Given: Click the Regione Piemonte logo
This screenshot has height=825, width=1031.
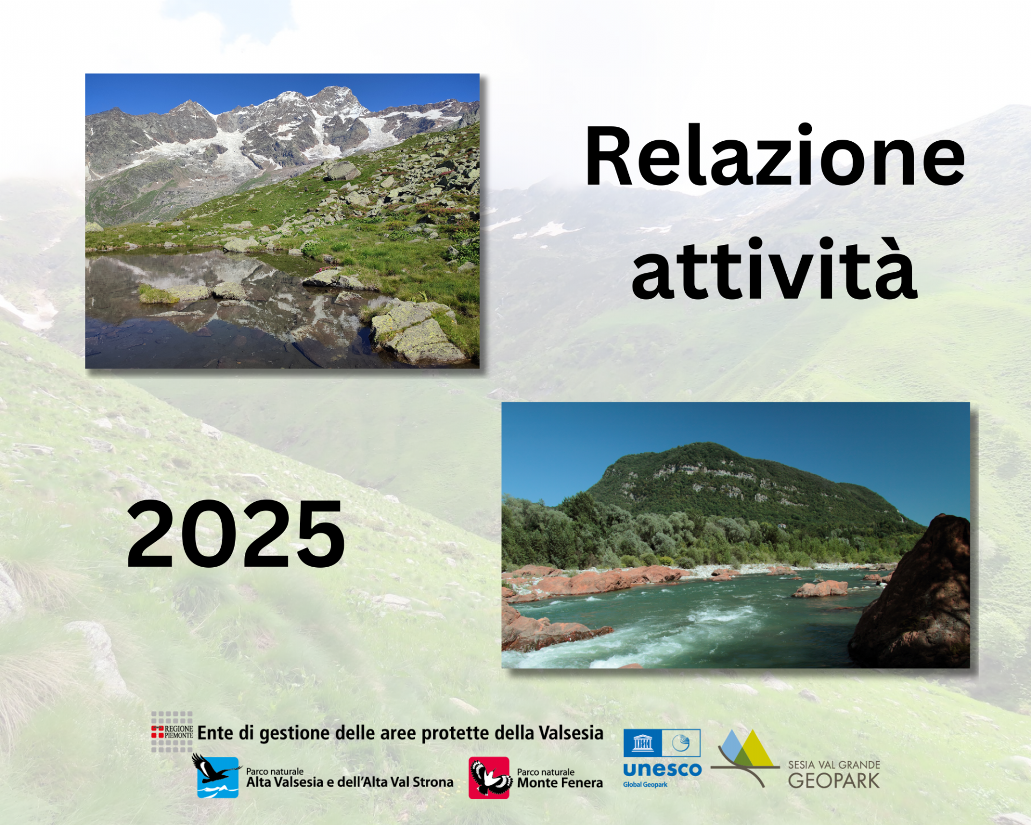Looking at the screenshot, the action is [x=172, y=732].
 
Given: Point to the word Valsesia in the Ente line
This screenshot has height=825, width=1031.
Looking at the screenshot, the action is [x=571, y=733].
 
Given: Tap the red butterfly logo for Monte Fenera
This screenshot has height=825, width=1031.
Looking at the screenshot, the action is [x=490, y=778].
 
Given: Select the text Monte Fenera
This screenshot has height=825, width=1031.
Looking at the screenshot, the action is [x=560, y=783].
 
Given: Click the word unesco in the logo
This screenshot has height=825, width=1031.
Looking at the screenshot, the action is [x=662, y=769].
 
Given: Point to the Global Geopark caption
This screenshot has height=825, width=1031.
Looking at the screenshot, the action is [x=645, y=785].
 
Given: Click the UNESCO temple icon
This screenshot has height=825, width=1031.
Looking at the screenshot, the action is [x=643, y=743].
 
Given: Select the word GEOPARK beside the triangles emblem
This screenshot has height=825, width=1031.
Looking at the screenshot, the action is [x=834, y=780].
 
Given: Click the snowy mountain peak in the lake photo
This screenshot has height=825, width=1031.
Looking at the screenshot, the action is [x=336, y=94].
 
